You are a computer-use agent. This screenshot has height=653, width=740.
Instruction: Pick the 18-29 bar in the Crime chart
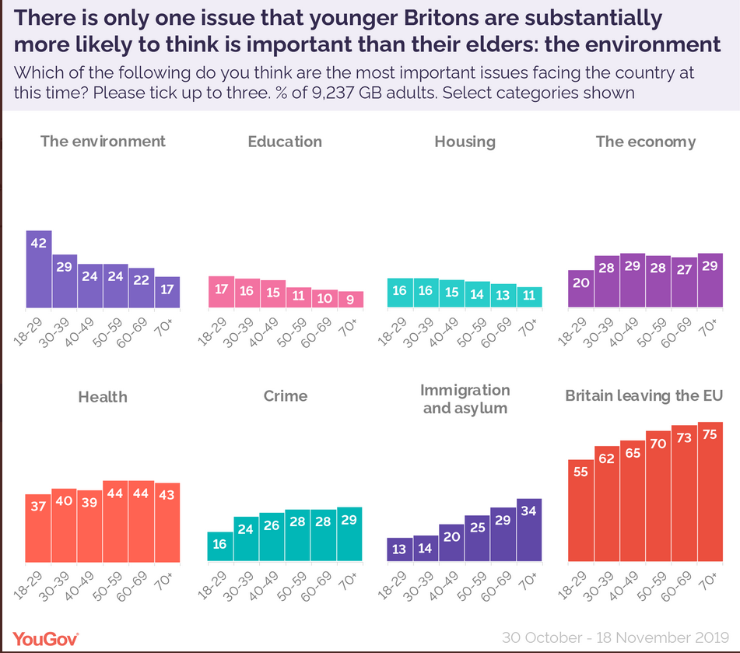[x=219, y=546]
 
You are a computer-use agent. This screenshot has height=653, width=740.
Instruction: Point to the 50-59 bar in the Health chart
[x=115, y=521]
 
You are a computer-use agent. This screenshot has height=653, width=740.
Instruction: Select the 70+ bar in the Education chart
[x=350, y=299]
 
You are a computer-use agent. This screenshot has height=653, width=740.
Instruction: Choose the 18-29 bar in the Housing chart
[x=400, y=293]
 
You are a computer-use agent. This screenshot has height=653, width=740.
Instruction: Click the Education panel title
[x=285, y=142]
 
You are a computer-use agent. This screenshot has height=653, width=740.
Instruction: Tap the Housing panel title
[x=465, y=142]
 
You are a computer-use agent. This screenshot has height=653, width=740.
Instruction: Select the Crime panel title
[x=285, y=396]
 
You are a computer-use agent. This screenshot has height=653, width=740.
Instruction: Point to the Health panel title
[x=103, y=397]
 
